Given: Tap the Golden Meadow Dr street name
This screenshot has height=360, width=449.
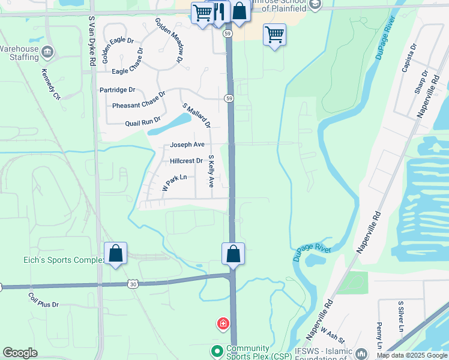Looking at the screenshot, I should pyautogui.click(x=169, y=40).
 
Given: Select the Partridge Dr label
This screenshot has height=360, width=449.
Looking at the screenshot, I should pyautogui.click(x=117, y=90).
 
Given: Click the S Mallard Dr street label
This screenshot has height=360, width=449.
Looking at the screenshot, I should pyautogui.click(x=197, y=116).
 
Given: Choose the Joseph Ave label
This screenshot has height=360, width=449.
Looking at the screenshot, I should pyautogui.click(x=187, y=145).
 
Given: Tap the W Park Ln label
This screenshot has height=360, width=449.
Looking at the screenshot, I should pyautogui.click(x=175, y=183).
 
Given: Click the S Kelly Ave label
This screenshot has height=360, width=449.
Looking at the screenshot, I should pyautogui.click(x=211, y=171).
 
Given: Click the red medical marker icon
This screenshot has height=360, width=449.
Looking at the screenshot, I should pyautogui.click(x=223, y=325).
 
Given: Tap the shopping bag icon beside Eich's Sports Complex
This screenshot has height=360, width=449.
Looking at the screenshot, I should pyautogui.click(x=116, y=254).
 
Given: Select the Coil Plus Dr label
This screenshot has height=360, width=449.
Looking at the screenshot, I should pyautogui.click(x=44, y=300).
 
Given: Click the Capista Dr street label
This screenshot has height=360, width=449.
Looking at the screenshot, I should pyautogui.click(x=413, y=58).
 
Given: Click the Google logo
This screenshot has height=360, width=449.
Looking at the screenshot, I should pyautogui.click(x=20, y=353).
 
